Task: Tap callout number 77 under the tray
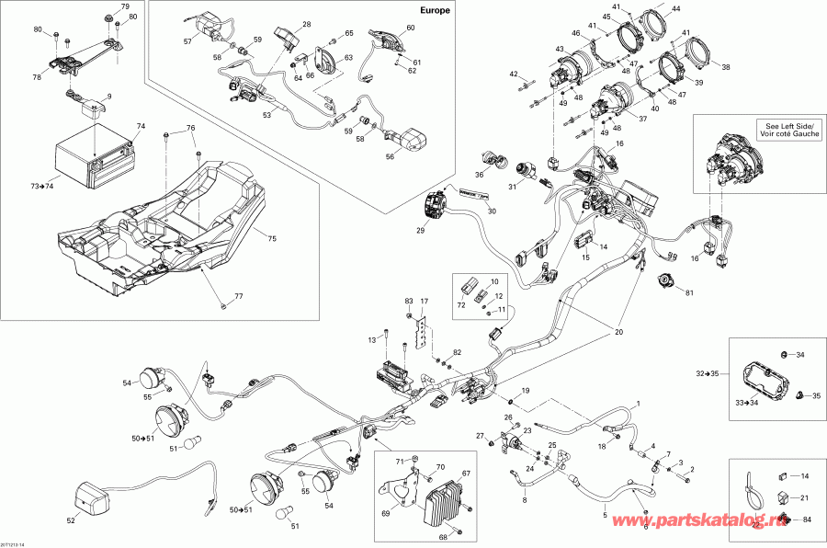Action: (x=238, y=297)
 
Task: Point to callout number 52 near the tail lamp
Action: (x=72, y=520)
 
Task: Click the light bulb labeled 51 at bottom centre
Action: (x=277, y=508)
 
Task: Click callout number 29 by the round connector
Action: (x=420, y=231)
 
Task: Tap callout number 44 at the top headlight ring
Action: (x=676, y=8)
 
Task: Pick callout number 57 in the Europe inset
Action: (x=187, y=41)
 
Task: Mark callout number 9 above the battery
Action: (x=108, y=97)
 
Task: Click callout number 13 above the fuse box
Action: (x=372, y=340)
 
